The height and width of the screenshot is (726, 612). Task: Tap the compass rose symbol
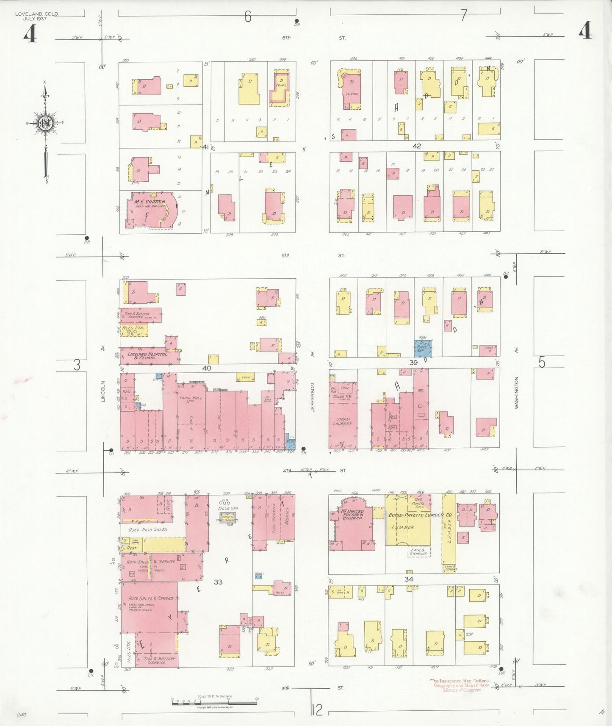click(45, 123)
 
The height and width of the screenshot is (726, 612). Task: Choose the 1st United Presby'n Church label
click(352, 514)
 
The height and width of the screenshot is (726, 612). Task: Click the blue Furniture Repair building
click(423, 348)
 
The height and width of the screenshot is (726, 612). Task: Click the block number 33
click(218, 582)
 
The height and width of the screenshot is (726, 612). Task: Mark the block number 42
click(417, 146)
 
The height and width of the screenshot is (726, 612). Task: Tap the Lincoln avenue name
click(103, 391)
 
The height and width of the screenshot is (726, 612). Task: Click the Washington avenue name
click(516, 393)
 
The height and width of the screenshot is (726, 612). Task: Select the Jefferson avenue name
click(313, 397)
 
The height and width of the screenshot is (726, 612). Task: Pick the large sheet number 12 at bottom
click(317, 709)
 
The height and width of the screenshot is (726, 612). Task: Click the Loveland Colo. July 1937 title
click(37, 16)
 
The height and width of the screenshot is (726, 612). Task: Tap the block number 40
click(206, 368)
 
